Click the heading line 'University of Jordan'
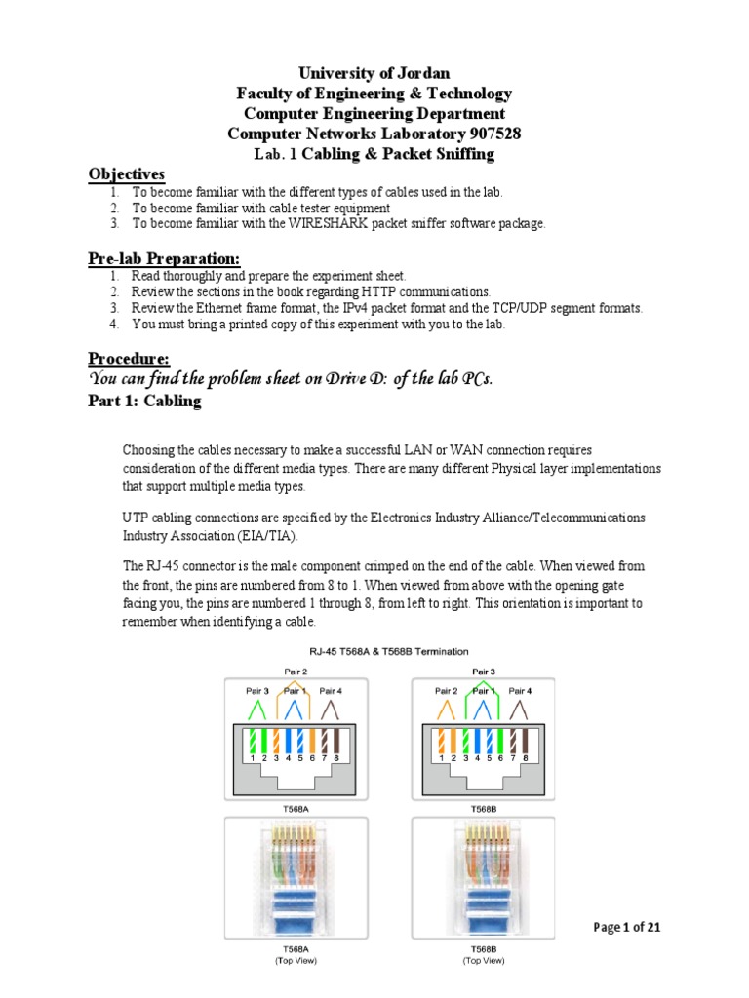(x=374, y=73)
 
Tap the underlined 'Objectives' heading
(x=127, y=173)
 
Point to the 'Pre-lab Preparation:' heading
(x=163, y=257)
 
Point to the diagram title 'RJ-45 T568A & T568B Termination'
(x=374, y=651)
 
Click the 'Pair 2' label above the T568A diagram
(x=296, y=671)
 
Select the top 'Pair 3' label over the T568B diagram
(x=482, y=671)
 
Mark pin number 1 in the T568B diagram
(x=442, y=757)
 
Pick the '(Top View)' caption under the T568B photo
(x=484, y=961)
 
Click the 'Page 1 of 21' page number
(x=628, y=927)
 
